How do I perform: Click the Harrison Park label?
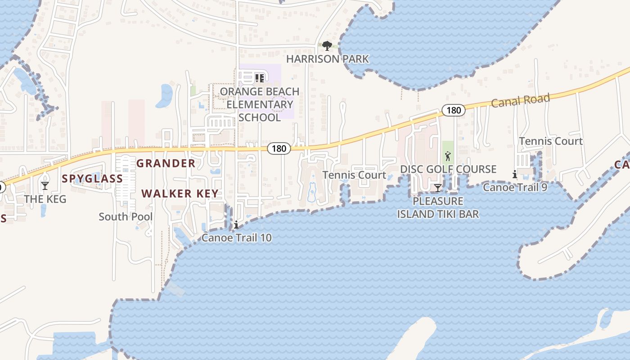[x=328, y=59]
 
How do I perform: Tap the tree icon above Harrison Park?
[x=327, y=45]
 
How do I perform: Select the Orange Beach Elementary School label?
[x=260, y=104]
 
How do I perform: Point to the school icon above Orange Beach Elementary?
[x=259, y=78]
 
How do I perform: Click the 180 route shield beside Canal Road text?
[x=453, y=110]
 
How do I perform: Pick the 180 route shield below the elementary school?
[x=279, y=148]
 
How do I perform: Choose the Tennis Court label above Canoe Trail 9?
[x=551, y=141]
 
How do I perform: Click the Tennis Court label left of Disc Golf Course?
[x=354, y=175]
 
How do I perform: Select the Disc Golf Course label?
[x=448, y=169]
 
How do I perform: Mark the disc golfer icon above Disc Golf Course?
[x=448, y=157]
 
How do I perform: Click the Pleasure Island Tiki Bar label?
[x=438, y=207]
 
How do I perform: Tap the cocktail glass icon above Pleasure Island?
[x=437, y=188]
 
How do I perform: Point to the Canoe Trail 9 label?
[x=515, y=187]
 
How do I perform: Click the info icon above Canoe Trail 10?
[x=236, y=225]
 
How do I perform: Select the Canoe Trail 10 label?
[x=237, y=238]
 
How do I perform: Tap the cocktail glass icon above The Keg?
[x=45, y=185]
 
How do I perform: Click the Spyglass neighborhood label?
[x=92, y=179]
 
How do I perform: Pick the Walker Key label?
[x=180, y=194]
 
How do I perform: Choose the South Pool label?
[x=126, y=217]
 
